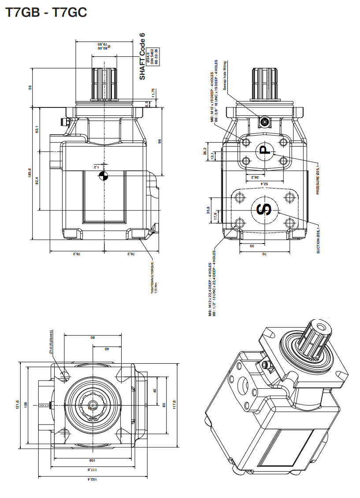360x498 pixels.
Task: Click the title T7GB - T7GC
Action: tap(46, 13)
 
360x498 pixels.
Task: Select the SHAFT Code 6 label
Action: tap(142, 56)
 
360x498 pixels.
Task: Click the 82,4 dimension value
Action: tap(37, 181)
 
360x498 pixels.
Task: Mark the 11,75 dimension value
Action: tap(153, 93)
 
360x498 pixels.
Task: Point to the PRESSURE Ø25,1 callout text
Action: tap(317, 179)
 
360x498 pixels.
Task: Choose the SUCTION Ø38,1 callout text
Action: tap(318, 237)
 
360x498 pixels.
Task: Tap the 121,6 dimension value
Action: tap(18, 404)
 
